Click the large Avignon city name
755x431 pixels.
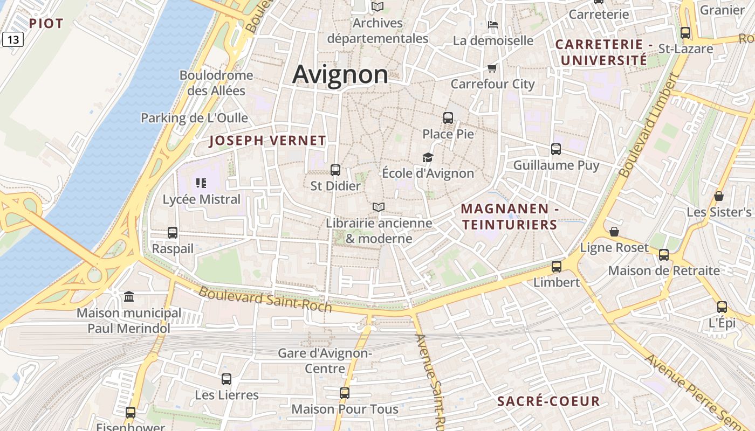340,74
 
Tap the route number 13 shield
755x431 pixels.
12,39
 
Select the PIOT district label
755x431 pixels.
46,24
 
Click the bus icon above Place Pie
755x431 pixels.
448,118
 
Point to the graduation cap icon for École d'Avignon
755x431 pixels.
428,157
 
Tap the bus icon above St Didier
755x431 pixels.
335,170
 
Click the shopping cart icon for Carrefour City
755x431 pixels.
492,68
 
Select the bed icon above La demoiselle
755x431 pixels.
492,25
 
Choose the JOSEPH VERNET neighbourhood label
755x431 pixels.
267,141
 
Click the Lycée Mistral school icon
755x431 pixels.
201,183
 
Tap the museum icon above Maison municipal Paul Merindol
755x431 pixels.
129,297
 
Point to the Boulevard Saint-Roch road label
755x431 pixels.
265,300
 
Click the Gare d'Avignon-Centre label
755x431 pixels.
325,361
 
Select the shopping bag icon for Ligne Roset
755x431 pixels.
614,232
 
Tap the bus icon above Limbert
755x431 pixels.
556,267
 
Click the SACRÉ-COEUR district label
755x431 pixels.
548,401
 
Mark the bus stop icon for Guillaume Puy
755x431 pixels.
556,149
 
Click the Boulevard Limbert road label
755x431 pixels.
648,127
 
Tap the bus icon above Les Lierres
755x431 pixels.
226,379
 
